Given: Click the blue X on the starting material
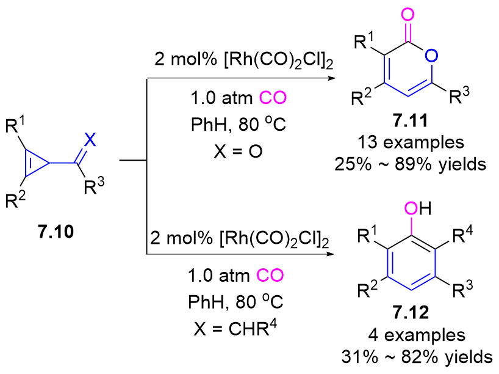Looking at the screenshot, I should (90, 140).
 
